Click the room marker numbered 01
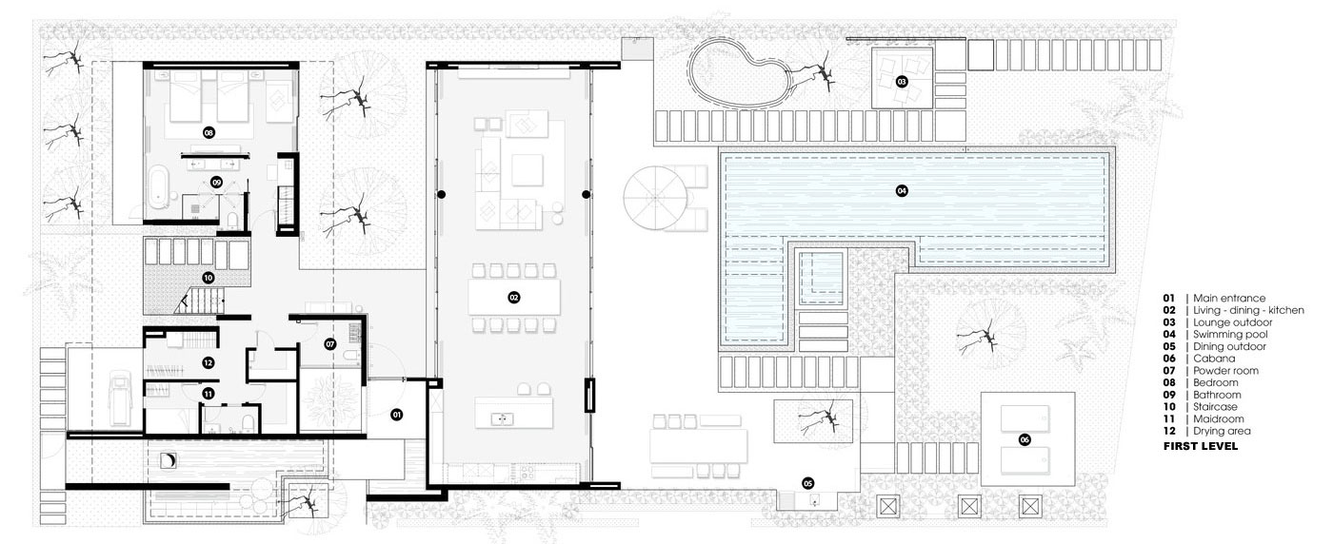coord(397,415)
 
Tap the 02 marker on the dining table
coord(514,298)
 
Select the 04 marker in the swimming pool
coord(902,191)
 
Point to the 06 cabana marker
coord(1025,440)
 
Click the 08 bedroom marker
coord(209,132)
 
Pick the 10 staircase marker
coord(208,278)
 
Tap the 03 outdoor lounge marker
coord(902,82)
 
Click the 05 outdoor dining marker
coord(807,483)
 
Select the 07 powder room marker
coord(330,344)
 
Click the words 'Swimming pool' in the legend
coord(1230,335)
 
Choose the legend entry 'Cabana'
coord(1214,359)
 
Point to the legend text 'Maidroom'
coord(1218,418)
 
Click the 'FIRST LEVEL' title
coord(1201,446)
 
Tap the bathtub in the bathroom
coord(159,187)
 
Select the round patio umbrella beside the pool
coord(655,198)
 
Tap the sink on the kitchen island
coord(503,419)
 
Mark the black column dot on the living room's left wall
coord(442,194)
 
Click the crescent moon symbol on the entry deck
coord(169,460)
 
